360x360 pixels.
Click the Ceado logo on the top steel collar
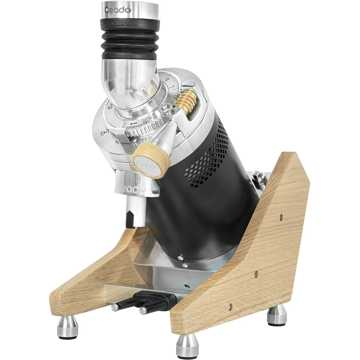point(118,9)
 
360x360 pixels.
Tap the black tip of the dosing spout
point(130,220)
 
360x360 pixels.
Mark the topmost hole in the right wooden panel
point(281,217)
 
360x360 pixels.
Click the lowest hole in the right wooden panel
point(230,307)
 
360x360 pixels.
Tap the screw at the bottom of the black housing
point(180,258)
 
